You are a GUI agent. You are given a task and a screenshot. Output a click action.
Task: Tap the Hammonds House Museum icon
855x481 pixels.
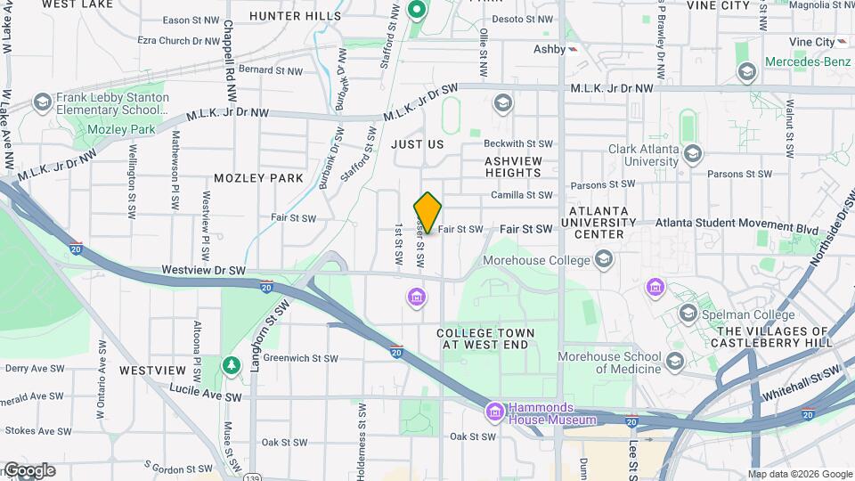494,412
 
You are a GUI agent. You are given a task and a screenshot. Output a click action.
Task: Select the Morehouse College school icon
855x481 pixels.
604,259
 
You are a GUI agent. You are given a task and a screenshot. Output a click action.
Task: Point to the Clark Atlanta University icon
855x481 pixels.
692,157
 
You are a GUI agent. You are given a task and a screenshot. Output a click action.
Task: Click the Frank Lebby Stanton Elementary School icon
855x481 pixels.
42,103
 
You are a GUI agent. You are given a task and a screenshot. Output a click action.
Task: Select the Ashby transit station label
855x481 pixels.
550,49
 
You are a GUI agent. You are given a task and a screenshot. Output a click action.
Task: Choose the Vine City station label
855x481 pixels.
810,42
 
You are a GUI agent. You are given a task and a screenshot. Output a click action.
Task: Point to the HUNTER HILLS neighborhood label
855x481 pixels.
295,16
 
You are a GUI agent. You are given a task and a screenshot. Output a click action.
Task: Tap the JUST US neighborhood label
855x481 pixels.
417,143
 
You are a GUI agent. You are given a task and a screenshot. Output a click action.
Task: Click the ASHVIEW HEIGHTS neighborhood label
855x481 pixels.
513,167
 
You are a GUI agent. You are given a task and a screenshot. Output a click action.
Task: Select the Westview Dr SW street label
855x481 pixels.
203,269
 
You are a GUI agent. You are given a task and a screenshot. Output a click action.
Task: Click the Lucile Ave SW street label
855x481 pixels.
206,396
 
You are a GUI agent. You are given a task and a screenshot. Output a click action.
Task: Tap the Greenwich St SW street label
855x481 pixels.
300,358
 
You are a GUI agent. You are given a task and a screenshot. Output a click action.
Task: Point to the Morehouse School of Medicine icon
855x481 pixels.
674,361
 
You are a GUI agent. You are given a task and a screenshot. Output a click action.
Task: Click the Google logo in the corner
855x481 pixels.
28,470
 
